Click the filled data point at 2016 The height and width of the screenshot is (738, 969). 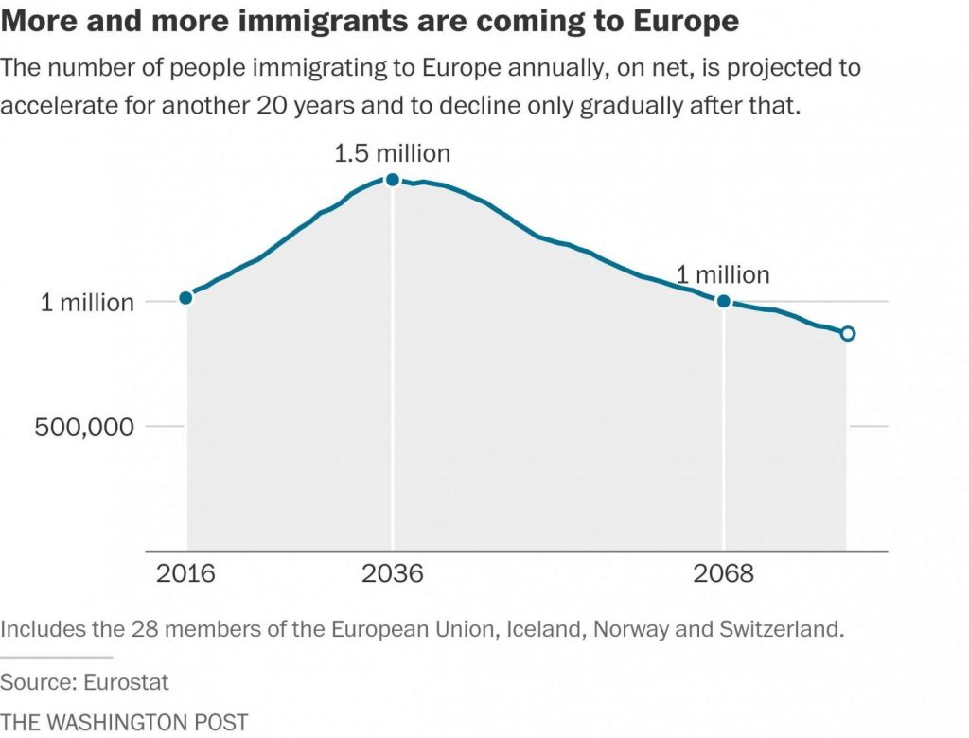(x=186, y=297)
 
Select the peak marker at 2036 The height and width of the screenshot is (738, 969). (x=393, y=180)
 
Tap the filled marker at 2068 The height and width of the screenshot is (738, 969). (x=724, y=301)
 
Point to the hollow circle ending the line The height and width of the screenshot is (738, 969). (x=848, y=333)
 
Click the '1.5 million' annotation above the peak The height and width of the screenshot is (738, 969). (x=393, y=152)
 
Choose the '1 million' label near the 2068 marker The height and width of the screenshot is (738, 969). (x=723, y=275)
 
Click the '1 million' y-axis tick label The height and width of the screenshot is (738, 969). (x=86, y=303)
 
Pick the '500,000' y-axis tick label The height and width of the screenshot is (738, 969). (x=85, y=426)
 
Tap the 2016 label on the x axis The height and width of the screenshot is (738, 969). (x=186, y=574)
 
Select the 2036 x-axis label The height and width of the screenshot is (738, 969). (x=393, y=574)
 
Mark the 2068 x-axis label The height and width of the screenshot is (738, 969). (x=724, y=574)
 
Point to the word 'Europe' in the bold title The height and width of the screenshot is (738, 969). (x=679, y=22)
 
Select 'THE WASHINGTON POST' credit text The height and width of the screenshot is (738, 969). (x=124, y=722)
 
